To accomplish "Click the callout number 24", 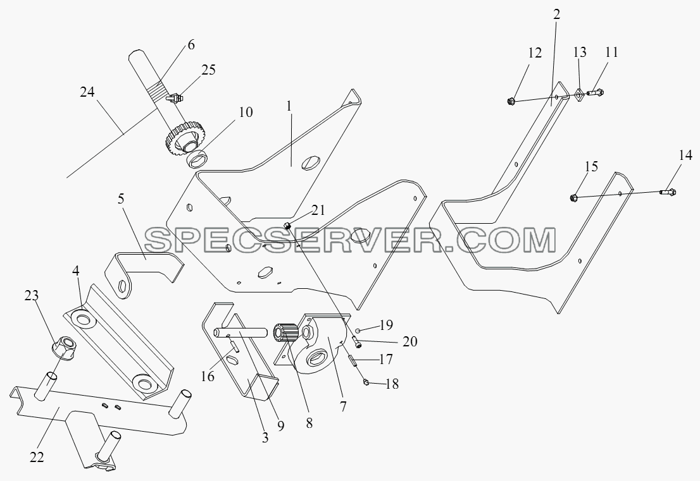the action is [88, 92].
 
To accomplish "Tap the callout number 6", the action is [191, 45].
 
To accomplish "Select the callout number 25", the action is [208, 70].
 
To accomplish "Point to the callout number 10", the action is [246, 112].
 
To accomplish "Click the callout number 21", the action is [319, 210].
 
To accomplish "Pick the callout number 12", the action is [534, 52].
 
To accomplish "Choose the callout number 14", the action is [685, 155].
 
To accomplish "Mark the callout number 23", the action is [32, 296].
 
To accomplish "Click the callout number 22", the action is [37, 457].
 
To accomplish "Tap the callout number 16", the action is [207, 377].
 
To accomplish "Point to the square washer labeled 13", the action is [578, 95].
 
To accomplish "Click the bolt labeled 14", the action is [668, 192].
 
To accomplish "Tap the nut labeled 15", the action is [575, 197].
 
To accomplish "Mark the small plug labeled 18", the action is [366, 382].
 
